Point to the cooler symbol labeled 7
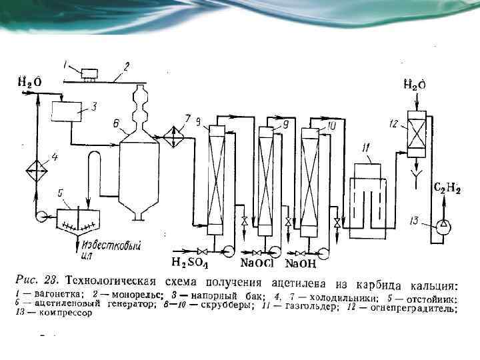click(175, 139)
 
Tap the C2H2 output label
click(448, 189)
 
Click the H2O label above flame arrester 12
click(415, 85)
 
